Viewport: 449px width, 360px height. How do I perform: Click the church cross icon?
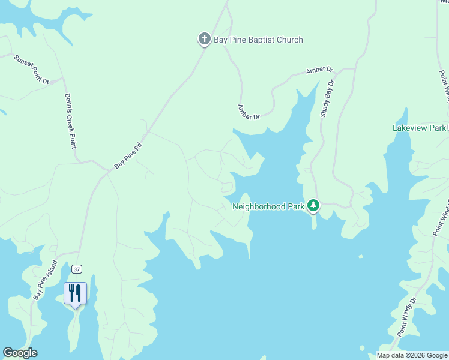[x=204, y=40]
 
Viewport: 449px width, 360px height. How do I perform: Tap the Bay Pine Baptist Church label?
[x=259, y=40]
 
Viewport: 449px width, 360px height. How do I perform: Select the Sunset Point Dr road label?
[x=31, y=70]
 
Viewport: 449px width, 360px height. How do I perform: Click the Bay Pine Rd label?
[x=128, y=155]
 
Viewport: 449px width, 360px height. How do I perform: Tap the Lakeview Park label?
[x=420, y=128]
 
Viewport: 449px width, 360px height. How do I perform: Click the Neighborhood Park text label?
[x=268, y=207]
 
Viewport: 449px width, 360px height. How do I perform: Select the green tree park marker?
[x=313, y=206]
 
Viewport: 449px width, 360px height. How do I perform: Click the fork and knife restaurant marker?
[x=75, y=293]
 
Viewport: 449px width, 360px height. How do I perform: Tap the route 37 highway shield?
[x=76, y=268]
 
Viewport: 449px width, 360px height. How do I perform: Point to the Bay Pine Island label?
[x=45, y=280]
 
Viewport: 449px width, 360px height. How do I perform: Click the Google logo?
[x=20, y=353]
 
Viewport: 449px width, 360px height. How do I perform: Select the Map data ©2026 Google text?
[x=412, y=355]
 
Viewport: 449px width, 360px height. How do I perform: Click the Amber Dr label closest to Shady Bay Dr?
[x=319, y=70]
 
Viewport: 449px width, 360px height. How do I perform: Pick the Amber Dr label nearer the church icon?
[x=249, y=112]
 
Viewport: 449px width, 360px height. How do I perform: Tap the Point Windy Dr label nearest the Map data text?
[x=406, y=317]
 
